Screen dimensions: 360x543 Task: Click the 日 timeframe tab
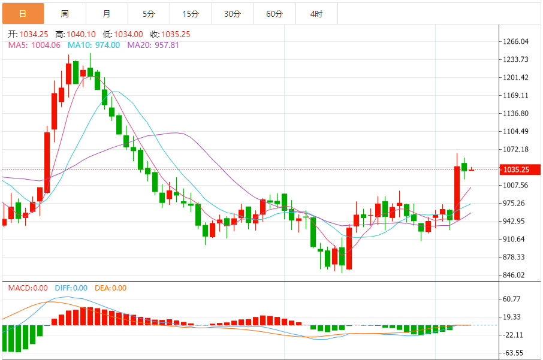[x=23, y=14]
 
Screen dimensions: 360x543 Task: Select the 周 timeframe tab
[x=65, y=14]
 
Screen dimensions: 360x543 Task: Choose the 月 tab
[x=107, y=14]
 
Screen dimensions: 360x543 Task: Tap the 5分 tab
[x=149, y=14]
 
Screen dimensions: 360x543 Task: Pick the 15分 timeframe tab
[x=191, y=14]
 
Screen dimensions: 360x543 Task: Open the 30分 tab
[x=233, y=14]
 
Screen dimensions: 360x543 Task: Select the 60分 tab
[x=274, y=14]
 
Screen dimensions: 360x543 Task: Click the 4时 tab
[x=316, y=14]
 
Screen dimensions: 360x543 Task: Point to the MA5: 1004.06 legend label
[x=34, y=45]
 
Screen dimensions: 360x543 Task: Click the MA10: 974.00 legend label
[x=93, y=45]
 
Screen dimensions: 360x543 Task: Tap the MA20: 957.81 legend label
[x=153, y=45]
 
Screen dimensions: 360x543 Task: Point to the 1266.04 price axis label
[x=515, y=42]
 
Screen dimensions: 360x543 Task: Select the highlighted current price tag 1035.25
[x=516, y=170]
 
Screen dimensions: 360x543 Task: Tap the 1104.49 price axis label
[x=515, y=132]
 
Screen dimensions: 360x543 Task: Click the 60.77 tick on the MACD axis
[x=513, y=299]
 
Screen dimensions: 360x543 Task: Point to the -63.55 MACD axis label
[x=514, y=353]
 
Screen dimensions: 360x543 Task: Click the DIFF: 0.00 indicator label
[x=71, y=288]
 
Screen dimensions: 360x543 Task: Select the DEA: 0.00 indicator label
[x=111, y=288]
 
